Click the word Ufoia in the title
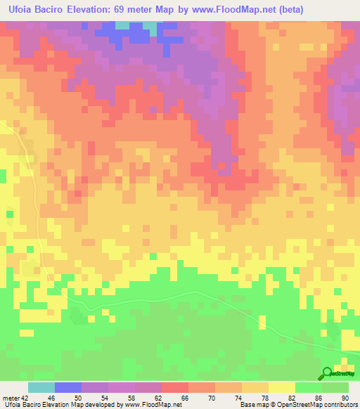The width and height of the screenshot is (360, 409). (x=19, y=10)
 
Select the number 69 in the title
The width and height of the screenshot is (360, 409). (x=141, y=10)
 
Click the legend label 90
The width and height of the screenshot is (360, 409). (x=344, y=398)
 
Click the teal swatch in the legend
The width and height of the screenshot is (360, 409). (x=41, y=387)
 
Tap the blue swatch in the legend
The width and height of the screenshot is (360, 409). (x=67, y=387)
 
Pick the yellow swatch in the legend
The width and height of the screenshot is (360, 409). (x=281, y=387)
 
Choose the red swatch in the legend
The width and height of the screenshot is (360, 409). (x=174, y=387)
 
